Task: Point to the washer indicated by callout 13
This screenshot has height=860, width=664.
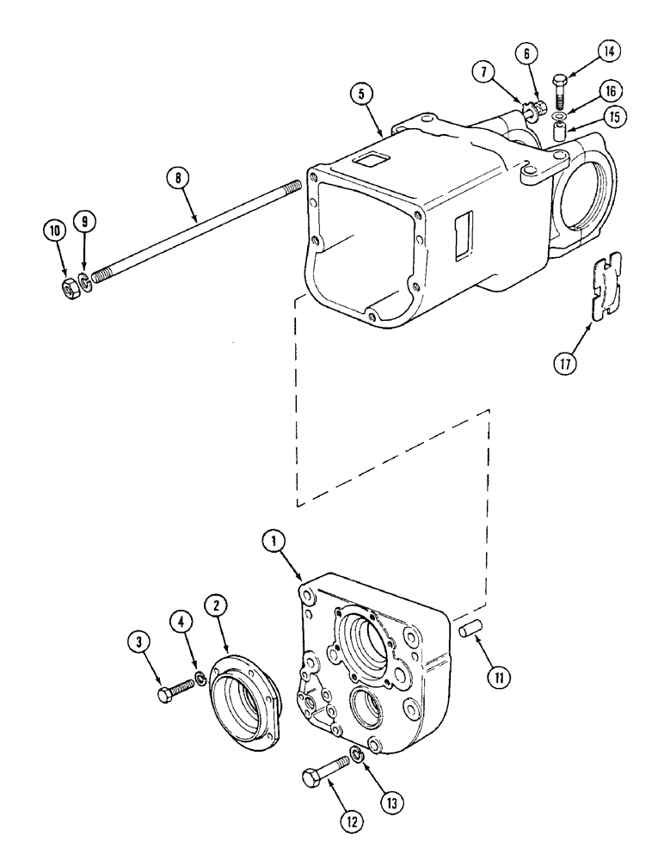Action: pos(357,757)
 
